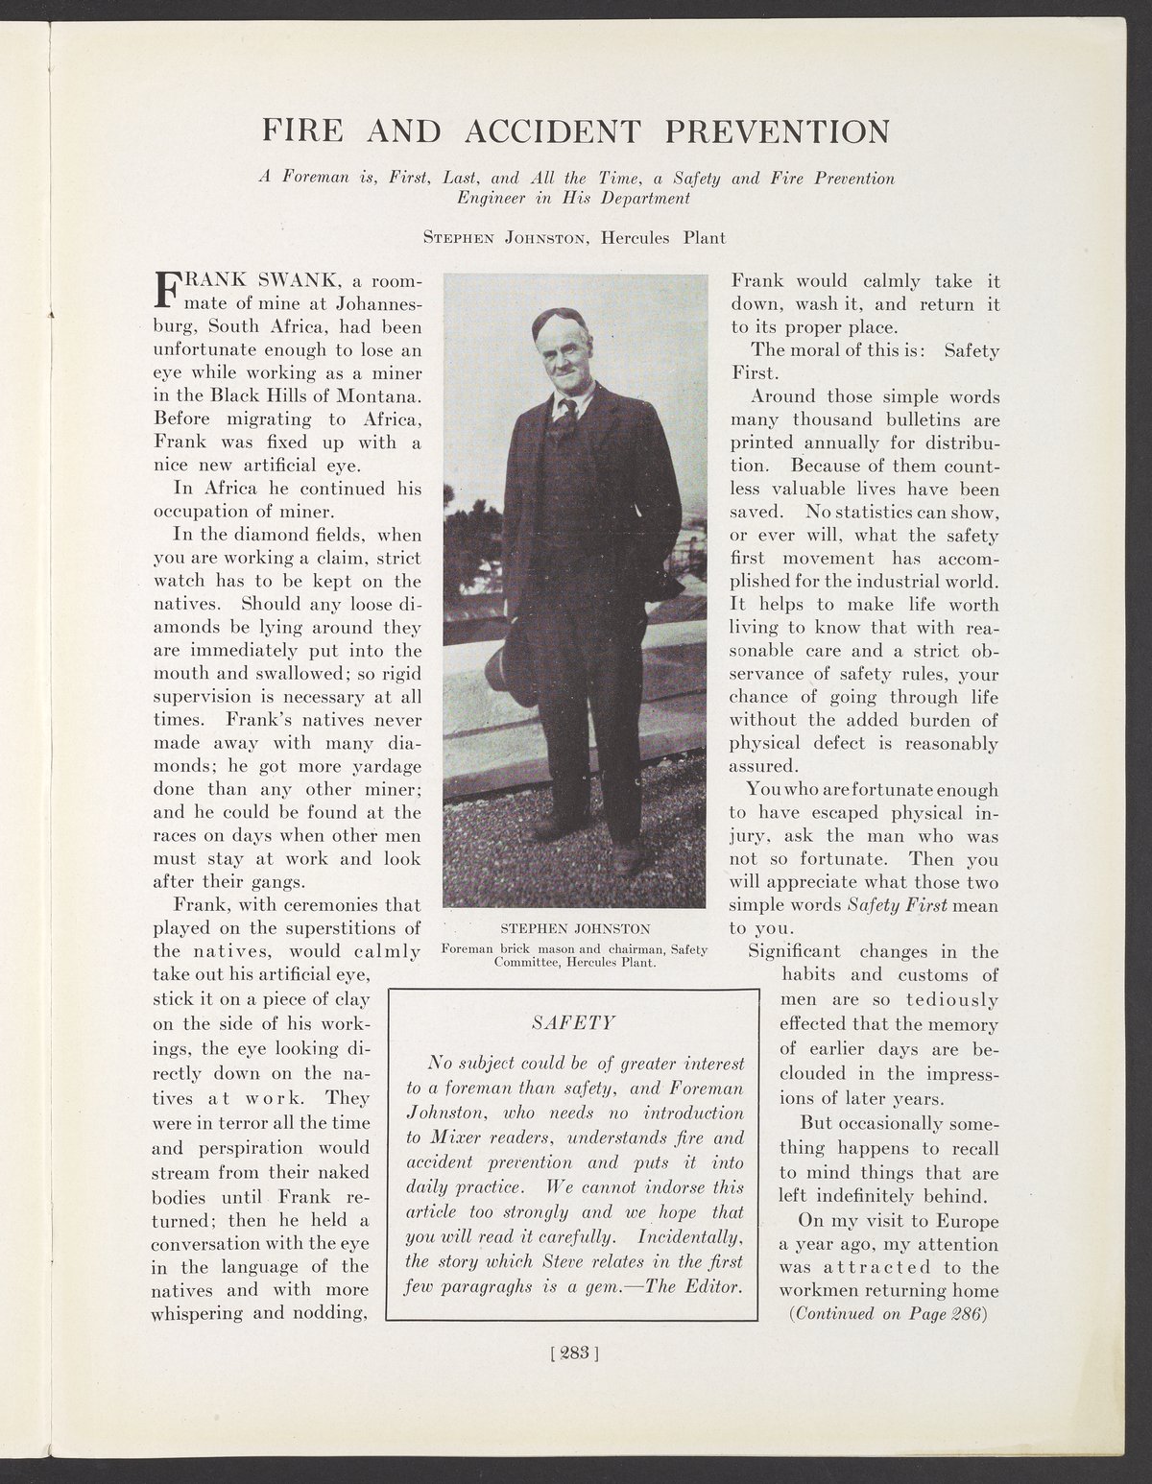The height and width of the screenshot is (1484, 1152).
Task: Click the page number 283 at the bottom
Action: pyautogui.click(x=575, y=1355)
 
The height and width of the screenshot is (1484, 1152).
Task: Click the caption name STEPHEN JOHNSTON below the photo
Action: pyautogui.click(x=576, y=928)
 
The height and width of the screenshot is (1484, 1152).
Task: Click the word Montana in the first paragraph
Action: pyautogui.click(x=372, y=396)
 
